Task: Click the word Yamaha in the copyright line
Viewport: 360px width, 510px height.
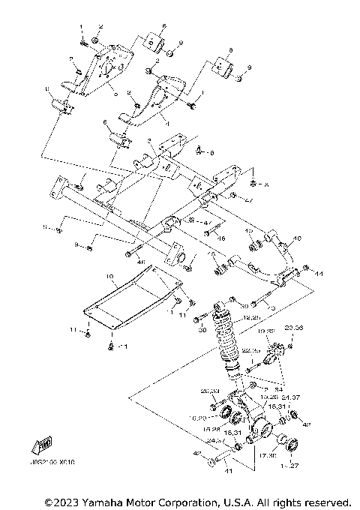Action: tap(106, 500)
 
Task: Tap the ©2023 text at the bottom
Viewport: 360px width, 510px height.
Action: tap(63, 500)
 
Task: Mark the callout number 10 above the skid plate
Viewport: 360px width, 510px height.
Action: tap(109, 277)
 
